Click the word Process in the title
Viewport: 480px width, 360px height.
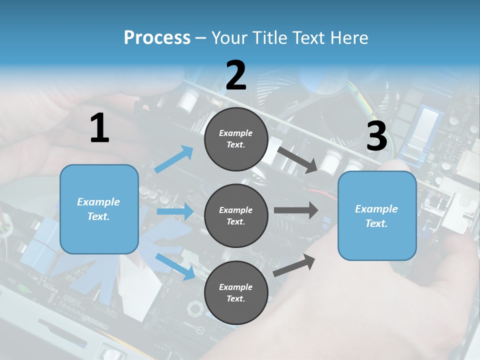coord(157,37)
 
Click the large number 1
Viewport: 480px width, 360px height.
coord(100,127)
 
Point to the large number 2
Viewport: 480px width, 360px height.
coord(236,75)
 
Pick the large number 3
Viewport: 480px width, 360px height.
coord(377,135)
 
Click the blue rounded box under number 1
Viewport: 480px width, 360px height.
coord(99,209)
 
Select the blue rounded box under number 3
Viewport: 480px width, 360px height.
coord(377,216)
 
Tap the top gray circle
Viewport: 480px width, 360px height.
coord(236,139)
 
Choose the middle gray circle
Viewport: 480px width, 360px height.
coord(236,216)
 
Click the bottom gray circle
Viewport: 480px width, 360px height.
coord(236,293)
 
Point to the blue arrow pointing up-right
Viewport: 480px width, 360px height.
coord(174,159)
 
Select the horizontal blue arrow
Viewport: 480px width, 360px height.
coord(175,211)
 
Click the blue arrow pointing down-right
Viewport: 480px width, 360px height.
coord(175,266)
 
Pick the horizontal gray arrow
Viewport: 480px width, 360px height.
coord(296,210)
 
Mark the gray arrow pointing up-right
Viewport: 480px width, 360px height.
coord(294,265)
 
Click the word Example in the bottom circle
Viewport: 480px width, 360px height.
coord(235,287)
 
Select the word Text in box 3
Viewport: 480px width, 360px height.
coord(376,223)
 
